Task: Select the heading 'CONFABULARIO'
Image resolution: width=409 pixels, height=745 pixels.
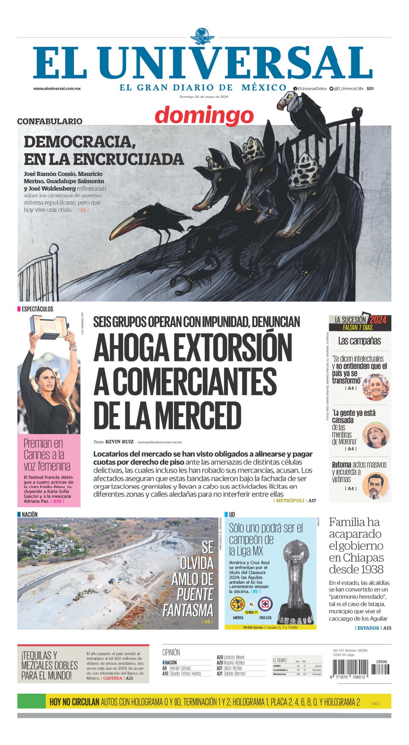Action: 50,121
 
